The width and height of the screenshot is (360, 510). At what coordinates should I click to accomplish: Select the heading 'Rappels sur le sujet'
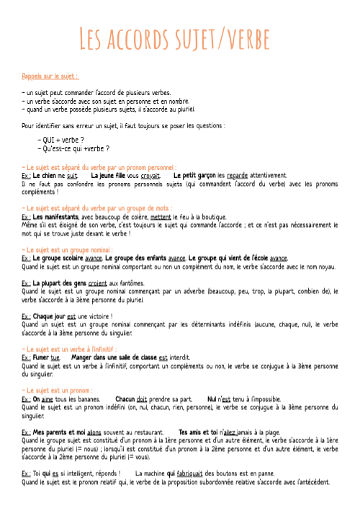click(50, 76)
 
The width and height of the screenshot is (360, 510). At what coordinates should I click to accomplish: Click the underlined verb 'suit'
click(72, 175)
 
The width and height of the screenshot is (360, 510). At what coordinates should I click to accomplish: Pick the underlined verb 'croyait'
click(150, 175)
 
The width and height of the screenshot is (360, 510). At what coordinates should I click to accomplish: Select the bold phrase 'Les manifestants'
click(58, 215)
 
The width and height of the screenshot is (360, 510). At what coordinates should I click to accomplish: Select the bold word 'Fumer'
click(42, 357)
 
